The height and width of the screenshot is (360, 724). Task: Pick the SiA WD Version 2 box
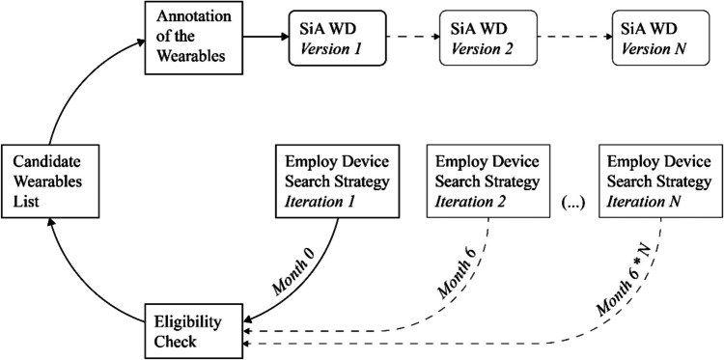(x=475, y=40)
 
